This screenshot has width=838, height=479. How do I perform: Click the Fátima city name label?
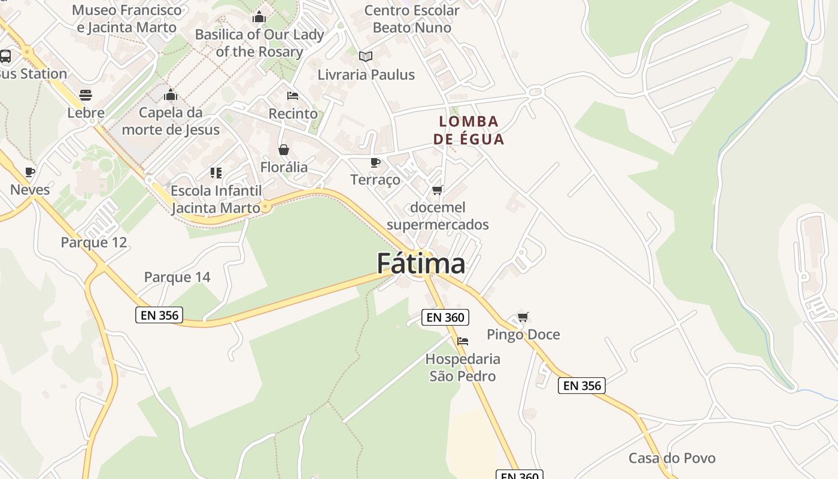click(421, 263)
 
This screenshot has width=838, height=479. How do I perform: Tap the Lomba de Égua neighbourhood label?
click(469, 130)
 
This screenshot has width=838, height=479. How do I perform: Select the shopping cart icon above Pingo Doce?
click(523, 317)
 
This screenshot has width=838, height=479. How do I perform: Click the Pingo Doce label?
click(523, 334)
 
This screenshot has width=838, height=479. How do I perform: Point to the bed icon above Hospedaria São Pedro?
click(463, 341)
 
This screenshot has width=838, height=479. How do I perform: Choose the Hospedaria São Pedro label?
click(463, 368)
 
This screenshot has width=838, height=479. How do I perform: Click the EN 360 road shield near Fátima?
click(445, 317)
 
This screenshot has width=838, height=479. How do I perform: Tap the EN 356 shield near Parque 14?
click(159, 315)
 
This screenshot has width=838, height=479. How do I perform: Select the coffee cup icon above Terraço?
click(375, 162)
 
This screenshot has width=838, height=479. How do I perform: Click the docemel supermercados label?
click(438, 216)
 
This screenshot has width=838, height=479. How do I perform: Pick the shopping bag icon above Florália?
click(284, 150)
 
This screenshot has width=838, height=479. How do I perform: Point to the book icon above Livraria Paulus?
click(366, 56)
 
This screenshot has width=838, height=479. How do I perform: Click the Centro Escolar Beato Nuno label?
click(412, 19)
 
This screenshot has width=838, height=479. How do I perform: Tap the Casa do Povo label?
click(672, 458)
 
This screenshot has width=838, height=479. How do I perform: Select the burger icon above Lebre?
click(86, 95)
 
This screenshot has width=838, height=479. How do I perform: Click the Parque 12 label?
click(94, 242)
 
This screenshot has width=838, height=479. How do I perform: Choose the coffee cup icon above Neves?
click(30, 172)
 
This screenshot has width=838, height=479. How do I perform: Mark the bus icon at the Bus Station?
click(5, 56)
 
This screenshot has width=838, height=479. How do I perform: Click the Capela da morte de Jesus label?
click(171, 121)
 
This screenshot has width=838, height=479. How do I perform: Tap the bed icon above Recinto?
click(293, 96)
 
